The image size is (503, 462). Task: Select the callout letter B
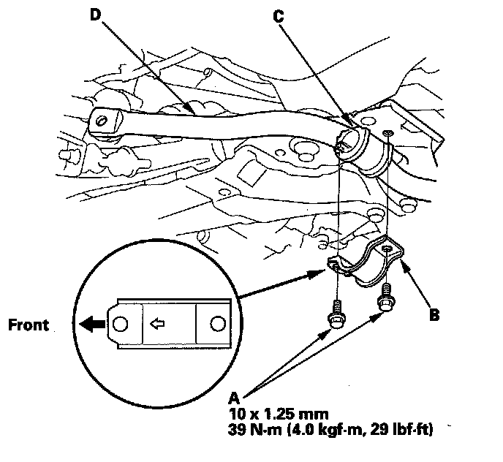point(434,317)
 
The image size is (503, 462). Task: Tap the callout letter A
point(235,398)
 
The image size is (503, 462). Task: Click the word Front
point(29,324)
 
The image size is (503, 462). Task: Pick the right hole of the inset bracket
point(217,322)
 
